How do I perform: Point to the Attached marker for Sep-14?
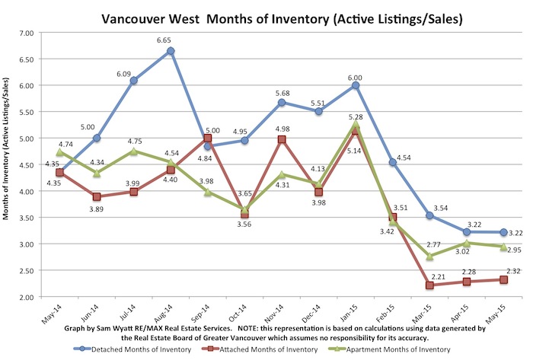pos(208,139)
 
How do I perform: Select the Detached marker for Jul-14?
pos(134,81)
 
